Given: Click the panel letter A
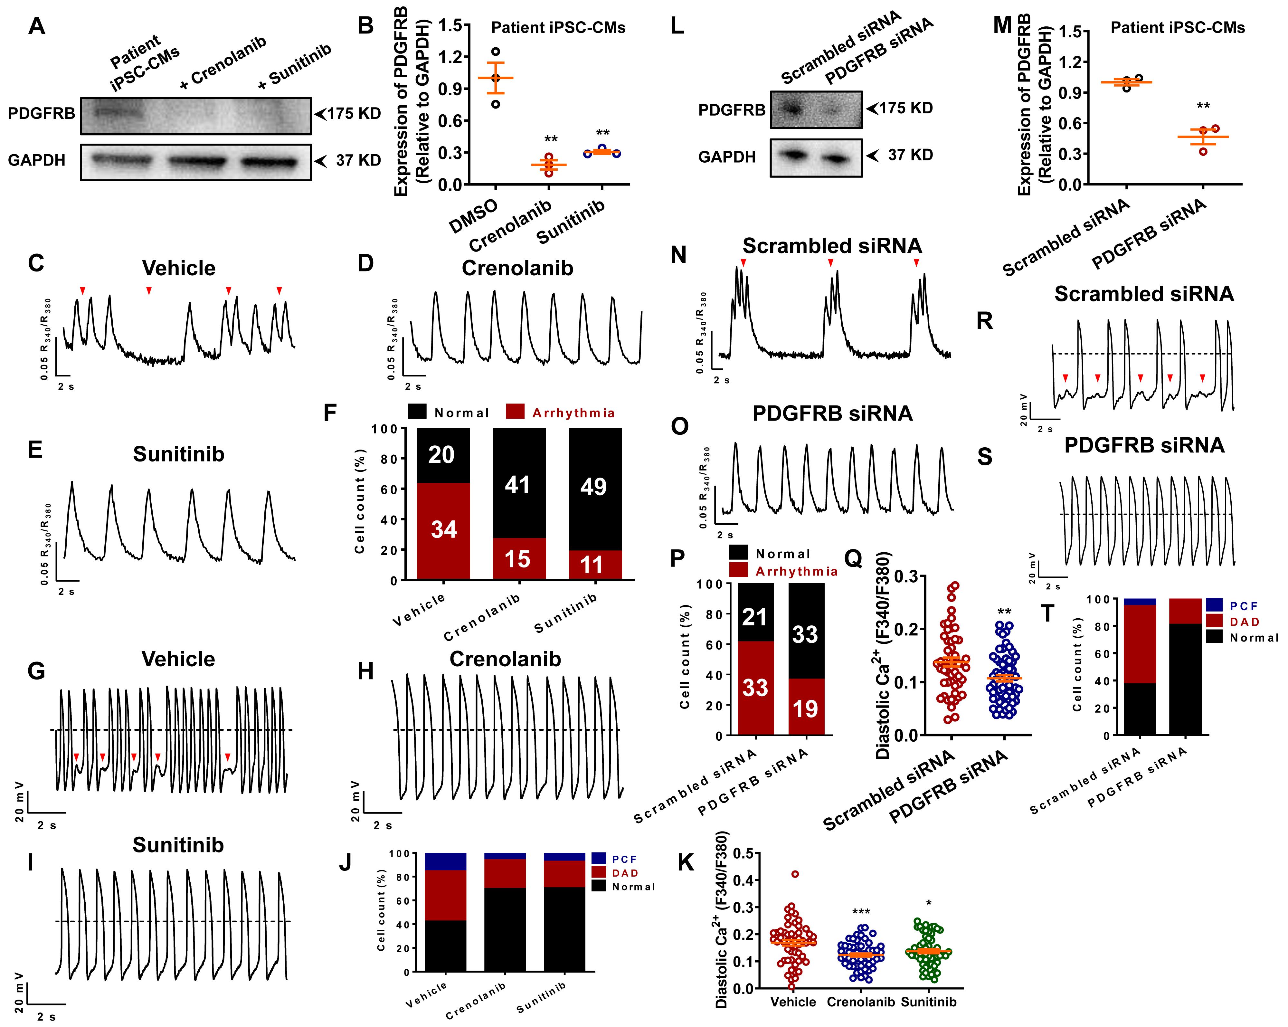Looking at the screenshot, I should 37,26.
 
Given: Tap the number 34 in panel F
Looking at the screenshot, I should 444,529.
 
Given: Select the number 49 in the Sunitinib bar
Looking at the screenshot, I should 593,487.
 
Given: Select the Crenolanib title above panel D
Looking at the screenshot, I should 517,268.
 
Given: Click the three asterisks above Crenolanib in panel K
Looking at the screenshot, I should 861,912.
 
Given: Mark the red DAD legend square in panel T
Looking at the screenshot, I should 1214,621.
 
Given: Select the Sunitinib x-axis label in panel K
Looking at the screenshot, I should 928,1002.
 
